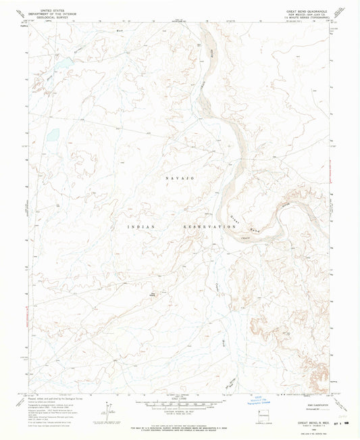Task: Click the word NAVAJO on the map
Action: tap(180, 177)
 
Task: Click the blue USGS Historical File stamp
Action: tap(256, 395)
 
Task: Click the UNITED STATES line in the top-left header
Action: tap(57, 11)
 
